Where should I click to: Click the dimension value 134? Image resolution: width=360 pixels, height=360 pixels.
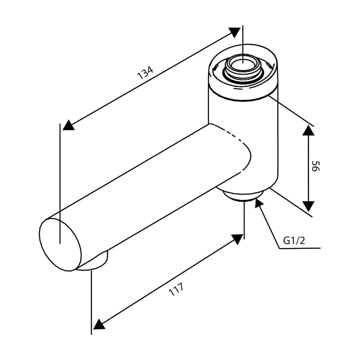[x=145, y=73]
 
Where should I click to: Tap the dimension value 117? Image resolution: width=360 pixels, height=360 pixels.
[x=176, y=289]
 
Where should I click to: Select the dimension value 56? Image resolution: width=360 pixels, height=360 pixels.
[x=315, y=166]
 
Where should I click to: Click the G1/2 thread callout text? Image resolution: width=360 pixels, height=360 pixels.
[x=294, y=241]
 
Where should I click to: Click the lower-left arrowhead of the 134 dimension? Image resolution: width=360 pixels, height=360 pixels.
[x=68, y=125]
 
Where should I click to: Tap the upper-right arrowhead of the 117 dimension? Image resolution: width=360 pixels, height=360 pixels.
[x=238, y=239]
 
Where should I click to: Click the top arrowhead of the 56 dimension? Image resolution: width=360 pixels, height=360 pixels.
[x=308, y=130]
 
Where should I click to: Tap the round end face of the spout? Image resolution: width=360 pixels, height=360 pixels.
[x=60, y=245]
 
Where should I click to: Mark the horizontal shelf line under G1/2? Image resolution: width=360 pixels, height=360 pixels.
[x=300, y=248]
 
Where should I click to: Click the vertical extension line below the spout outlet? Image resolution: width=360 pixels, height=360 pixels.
[x=92, y=302]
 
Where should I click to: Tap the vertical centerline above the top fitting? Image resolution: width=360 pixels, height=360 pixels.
[x=243, y=43]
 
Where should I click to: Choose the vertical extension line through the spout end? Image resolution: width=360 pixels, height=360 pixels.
[x=60, y=184]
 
